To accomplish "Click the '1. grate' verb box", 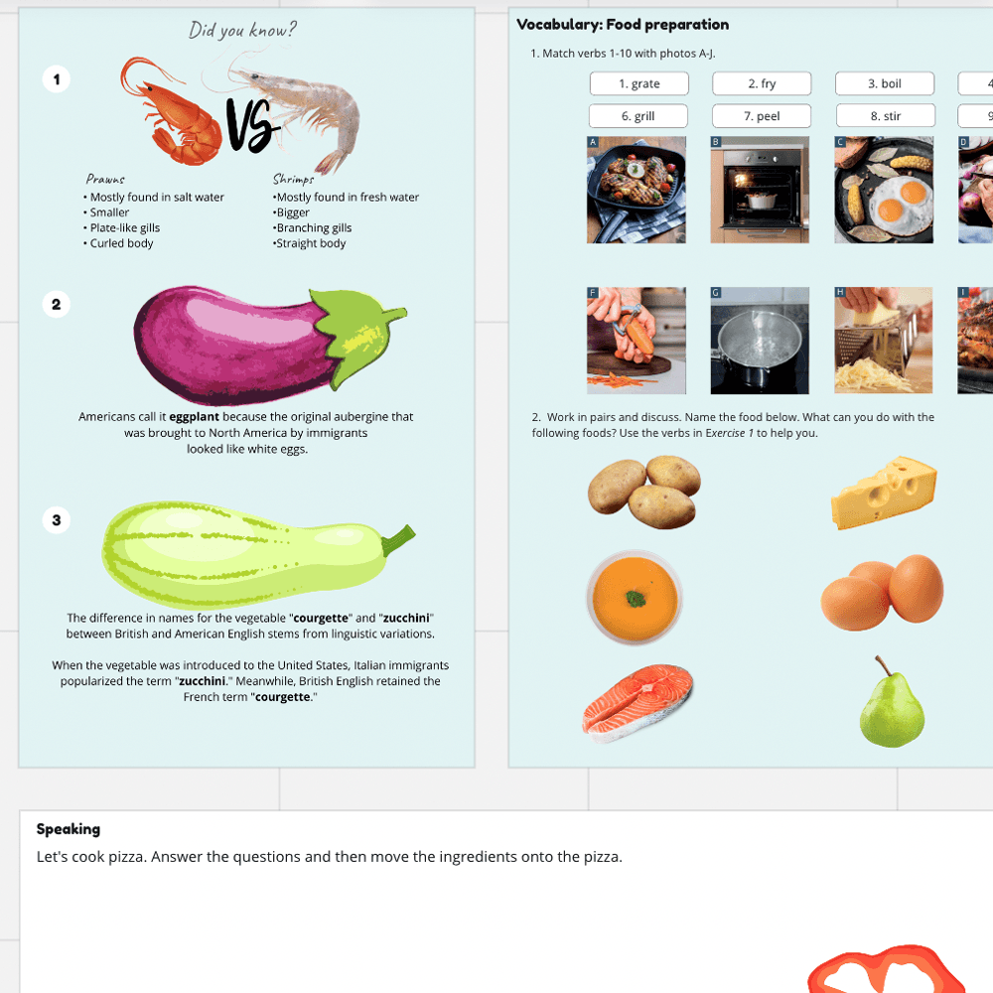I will pos(638,83).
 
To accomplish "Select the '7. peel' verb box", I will pos(762,116).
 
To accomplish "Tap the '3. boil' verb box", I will pos(885,83).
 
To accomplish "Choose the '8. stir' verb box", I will pos(885,116).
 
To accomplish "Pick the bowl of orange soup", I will pos(635,599).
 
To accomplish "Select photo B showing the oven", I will pos(760,190).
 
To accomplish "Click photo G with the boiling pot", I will pos(760,341).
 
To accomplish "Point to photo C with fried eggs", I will pos(884,190).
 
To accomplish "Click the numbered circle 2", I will pos(56,305).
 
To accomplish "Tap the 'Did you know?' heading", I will pos(242,30).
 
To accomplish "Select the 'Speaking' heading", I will pos(69,829).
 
